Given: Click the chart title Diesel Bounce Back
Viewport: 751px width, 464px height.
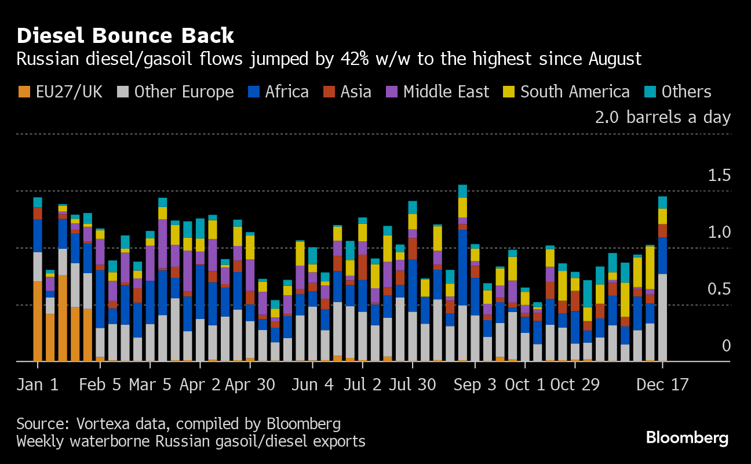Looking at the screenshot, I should (125, 36).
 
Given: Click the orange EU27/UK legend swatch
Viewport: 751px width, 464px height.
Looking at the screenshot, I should (24, 92).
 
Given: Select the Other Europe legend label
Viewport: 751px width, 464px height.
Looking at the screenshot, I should (184, 92).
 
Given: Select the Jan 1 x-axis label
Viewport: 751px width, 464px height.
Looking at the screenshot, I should (38, 385).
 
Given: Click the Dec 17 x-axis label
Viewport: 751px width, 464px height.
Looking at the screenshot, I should (662, 385).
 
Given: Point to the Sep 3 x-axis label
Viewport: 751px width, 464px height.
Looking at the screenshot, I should (475, 385).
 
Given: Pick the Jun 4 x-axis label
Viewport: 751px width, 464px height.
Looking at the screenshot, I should (313, 385).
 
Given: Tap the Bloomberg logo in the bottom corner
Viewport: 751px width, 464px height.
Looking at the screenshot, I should (687, 438).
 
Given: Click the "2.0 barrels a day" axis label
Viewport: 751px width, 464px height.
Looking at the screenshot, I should (663, 118).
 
